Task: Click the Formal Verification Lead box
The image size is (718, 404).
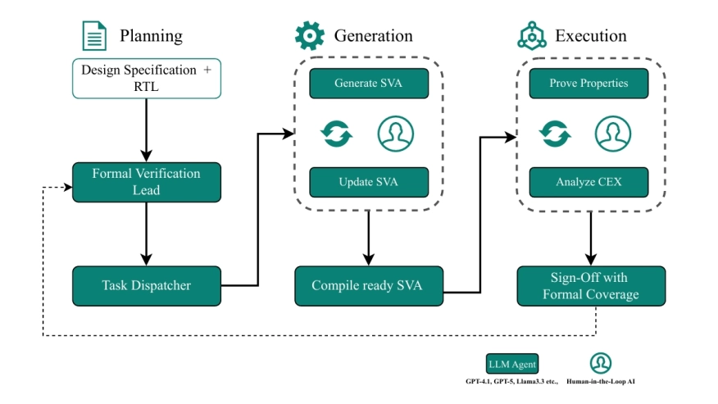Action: click(146, 182)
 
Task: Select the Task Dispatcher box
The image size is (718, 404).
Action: click(146, 286)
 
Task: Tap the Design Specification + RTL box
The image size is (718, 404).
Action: click(146, 79)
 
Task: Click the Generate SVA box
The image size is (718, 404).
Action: click(368, 84)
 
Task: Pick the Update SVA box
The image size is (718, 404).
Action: click(368, 182)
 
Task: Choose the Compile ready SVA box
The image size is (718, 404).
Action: click(368, 286)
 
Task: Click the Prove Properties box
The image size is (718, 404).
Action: click(589, 84)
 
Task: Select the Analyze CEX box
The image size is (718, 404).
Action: click(589, 182)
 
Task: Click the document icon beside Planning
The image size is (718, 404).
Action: click(94, 36)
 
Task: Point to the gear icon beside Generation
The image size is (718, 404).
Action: click(310, 36)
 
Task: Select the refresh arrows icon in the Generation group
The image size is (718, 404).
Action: click(335, 133)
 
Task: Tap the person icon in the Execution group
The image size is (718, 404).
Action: click(612, 133)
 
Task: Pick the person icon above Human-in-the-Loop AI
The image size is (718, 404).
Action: click(601, 363)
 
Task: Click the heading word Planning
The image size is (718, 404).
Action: click(151, 36)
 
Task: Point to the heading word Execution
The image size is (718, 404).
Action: click(590, 36)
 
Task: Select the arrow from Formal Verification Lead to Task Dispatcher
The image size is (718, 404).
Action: click(146, 233)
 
